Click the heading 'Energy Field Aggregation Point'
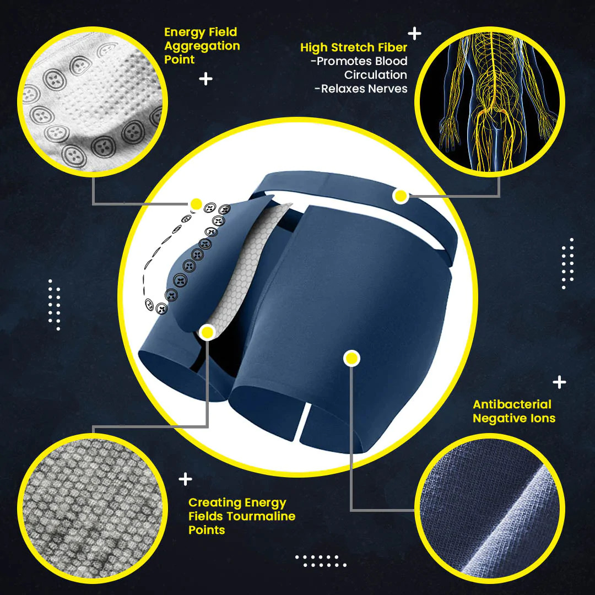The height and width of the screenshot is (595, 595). pos(202,46)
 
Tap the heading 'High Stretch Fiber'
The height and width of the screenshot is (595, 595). pos(354,47)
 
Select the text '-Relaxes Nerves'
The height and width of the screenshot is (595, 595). pos(361,89)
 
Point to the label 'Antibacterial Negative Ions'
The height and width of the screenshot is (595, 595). pos(514,412)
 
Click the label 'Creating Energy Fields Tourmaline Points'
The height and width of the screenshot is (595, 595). pos(242,516)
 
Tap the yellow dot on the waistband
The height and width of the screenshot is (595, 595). pos(400,196)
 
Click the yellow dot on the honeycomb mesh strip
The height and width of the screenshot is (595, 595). pos(207,332)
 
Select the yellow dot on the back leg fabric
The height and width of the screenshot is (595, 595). pos(351,358)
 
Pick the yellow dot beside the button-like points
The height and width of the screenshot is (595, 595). pos(196,204)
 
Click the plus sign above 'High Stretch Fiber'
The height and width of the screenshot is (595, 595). pos(414,34)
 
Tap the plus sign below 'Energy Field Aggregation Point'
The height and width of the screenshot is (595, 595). pos(205,79)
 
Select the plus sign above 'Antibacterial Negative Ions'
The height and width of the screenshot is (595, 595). pos(559,382)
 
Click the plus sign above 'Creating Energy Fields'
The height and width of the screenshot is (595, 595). pos(185,479)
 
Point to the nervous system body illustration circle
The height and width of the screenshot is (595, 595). pos(490,102)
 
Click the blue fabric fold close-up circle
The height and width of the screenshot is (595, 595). pos(490,509)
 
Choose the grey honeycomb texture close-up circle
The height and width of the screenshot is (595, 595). pos(93,509)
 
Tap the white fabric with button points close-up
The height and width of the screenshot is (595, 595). pos(93,102)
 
